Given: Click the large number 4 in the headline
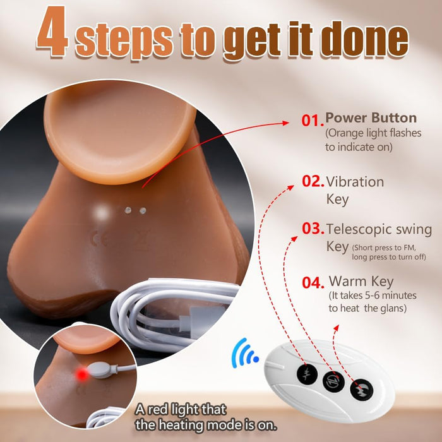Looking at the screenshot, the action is coord(53,31).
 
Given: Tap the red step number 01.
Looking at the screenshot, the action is coord(313,121).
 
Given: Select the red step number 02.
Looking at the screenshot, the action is coord(313,181).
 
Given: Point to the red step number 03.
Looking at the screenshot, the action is coord(313,229).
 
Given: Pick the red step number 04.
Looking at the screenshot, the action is coord(313,283).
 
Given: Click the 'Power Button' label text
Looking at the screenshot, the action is coord(371,118).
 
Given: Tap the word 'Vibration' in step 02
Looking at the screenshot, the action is coord(355,182).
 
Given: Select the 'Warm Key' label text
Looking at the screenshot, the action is coord(361,282).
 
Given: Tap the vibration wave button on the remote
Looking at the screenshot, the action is coord(307,374).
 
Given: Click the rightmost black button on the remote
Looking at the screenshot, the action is coord(362,390).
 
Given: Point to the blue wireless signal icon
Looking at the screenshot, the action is coord(244,353).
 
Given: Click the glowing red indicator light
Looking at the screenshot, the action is coord(82,374).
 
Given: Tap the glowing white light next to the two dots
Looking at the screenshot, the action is coord(102,212).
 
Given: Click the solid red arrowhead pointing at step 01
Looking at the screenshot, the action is coord(285,123).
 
